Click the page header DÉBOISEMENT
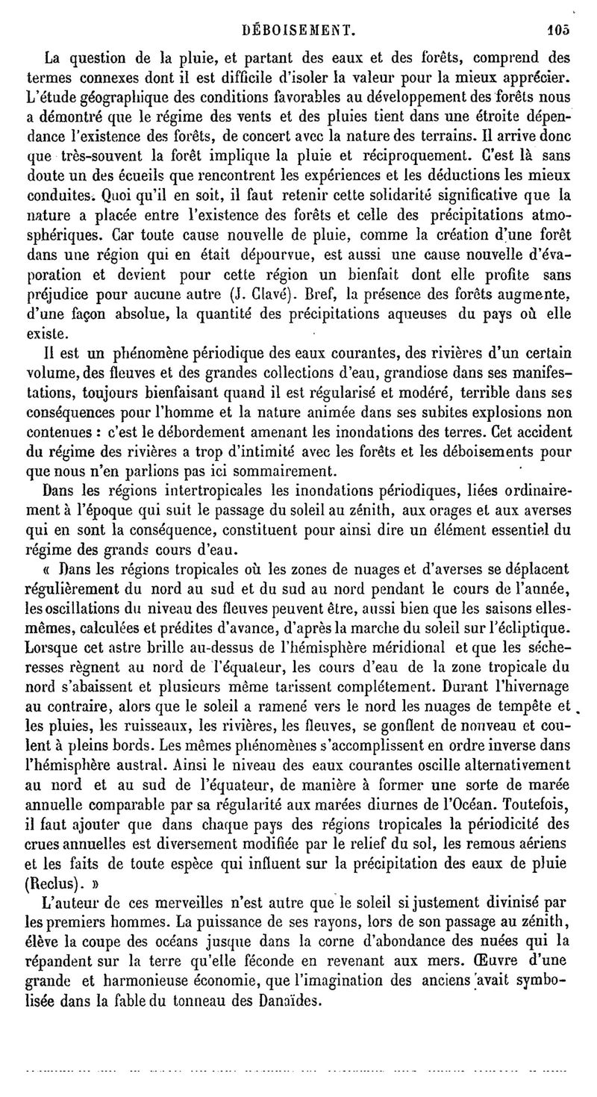pyautogui.click(x=299, y=11)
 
